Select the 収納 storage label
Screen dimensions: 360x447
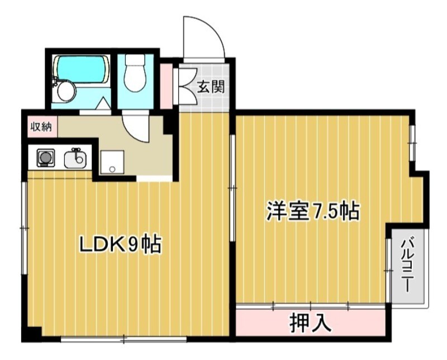41,126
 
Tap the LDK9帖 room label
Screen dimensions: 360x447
120,244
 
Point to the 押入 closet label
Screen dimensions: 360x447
311,322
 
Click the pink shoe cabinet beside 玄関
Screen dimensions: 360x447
166,86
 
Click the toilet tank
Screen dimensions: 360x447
134,60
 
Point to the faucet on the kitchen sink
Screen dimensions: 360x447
76,152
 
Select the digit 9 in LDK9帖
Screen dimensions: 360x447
132,244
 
